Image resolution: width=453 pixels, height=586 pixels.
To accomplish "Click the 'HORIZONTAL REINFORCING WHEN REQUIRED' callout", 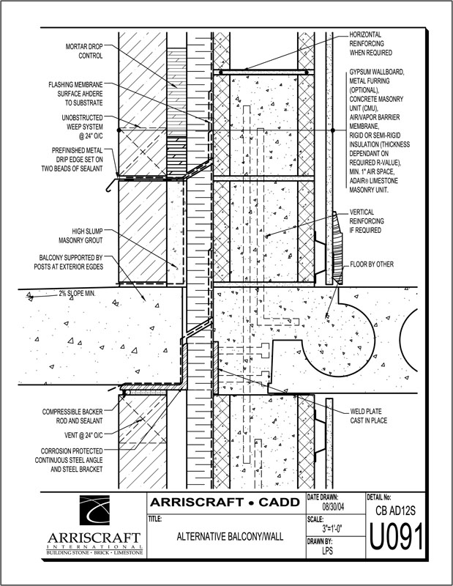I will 380,43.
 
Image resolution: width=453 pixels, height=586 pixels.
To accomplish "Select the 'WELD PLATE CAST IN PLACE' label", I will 373,415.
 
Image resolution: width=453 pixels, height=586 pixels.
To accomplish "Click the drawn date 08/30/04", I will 335,505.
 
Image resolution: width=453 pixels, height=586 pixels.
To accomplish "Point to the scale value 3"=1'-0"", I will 336,527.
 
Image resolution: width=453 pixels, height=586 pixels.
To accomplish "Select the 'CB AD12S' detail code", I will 396,507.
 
